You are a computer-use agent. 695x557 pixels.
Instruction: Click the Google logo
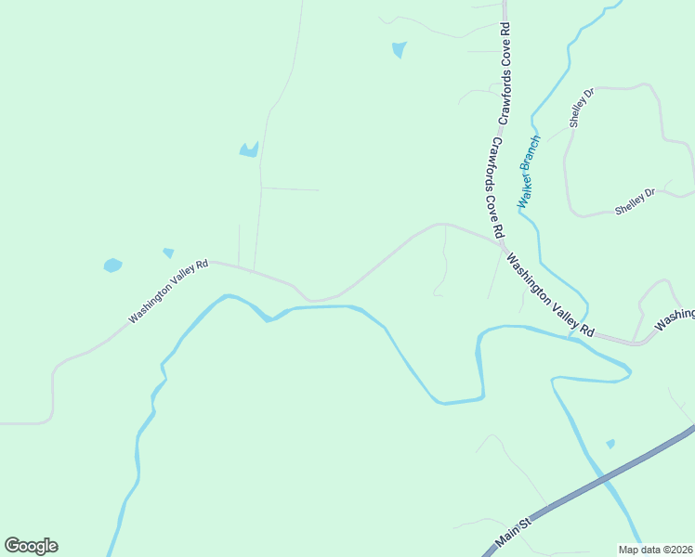click(31, 546)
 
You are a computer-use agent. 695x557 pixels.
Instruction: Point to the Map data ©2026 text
click(655, 549)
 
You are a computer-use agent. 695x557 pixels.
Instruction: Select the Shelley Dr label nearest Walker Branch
click(581, 109)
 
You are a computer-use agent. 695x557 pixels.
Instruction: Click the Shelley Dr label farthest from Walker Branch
click(635, 201)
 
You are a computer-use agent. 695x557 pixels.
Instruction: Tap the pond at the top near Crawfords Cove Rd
click(399, 49)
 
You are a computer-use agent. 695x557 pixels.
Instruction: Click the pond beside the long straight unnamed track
click(248, 149)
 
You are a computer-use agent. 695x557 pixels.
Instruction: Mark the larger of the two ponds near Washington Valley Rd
click(112, 266)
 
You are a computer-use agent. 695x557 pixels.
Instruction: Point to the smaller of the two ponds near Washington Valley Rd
click(168, 253)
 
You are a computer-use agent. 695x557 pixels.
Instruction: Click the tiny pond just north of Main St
click(610, 444)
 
